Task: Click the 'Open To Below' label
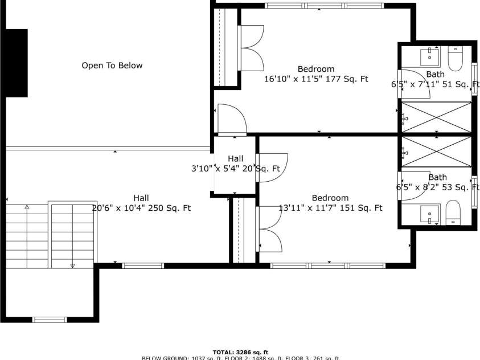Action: pyautogui.click(x=112, y=66)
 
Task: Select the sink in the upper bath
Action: pyautogui.click(x=429, y=57)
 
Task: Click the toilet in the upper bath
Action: pyautogui.click(x=456, y=59)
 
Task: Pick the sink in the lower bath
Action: pyautogui.click(x=429, y=214)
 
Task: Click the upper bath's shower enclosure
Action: pyautogui.click(x=437, y=117)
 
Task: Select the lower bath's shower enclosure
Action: pyautogui.click(x=437, y=152)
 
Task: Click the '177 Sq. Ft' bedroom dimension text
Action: pyautogui.click(x=316, y=79)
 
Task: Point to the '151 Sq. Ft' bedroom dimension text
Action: pyautogui.click(x=330, y=208)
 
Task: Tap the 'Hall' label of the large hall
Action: pyautogui.click(x=141, y=198)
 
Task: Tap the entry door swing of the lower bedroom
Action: pyautogui.click(x=272, y=167)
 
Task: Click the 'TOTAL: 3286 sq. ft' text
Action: pyautogui.click(x=240, y=352)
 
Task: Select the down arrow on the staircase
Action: pyautogui.click(x=72, y=265)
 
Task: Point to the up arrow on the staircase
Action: pyautogui.click(x=27, y=207)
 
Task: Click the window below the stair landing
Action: pyautogui.click(x=50, y=320)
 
